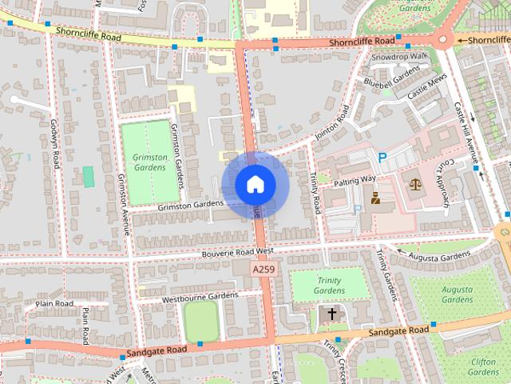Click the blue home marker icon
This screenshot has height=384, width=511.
tap(255, 185)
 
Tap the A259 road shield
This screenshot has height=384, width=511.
tap(266, 270)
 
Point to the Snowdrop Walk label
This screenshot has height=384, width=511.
tap(398, 57)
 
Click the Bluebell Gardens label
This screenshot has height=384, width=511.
tap(391, 77)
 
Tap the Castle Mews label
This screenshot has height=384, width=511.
tap(427, 88)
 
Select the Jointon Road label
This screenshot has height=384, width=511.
tap(331, 124)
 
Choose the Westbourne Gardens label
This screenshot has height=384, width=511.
tap(200, 296)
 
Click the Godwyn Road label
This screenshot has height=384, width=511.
tap(55, 144)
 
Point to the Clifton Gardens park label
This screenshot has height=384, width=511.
tap(484, 366)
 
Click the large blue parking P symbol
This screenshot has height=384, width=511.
tap(382, 158)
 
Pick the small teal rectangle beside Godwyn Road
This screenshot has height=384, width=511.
tap(88, 176)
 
